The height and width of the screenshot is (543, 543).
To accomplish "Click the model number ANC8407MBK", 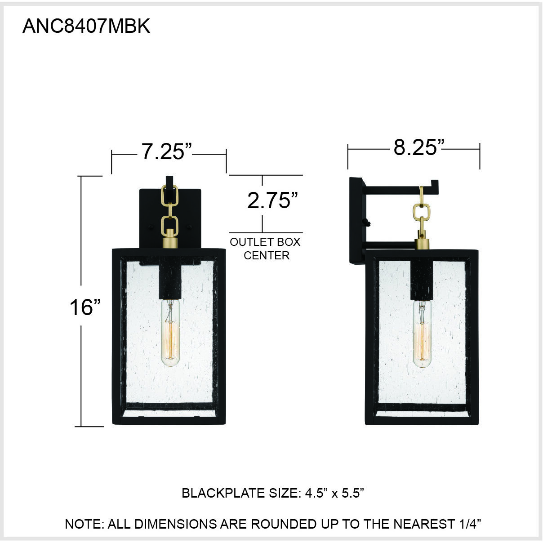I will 86,27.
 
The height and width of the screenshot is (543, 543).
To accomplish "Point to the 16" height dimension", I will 85,307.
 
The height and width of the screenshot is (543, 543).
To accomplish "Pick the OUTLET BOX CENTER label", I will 265,249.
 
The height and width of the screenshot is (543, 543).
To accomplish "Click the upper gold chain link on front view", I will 170,194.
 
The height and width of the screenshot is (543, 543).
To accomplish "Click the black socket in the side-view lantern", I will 422,281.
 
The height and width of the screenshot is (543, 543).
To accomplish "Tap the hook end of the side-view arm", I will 434,184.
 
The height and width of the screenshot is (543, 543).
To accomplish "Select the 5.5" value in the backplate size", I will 351,493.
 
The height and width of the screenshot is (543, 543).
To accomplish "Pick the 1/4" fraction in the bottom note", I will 469,524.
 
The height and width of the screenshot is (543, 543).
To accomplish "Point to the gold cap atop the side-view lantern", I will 422,243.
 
